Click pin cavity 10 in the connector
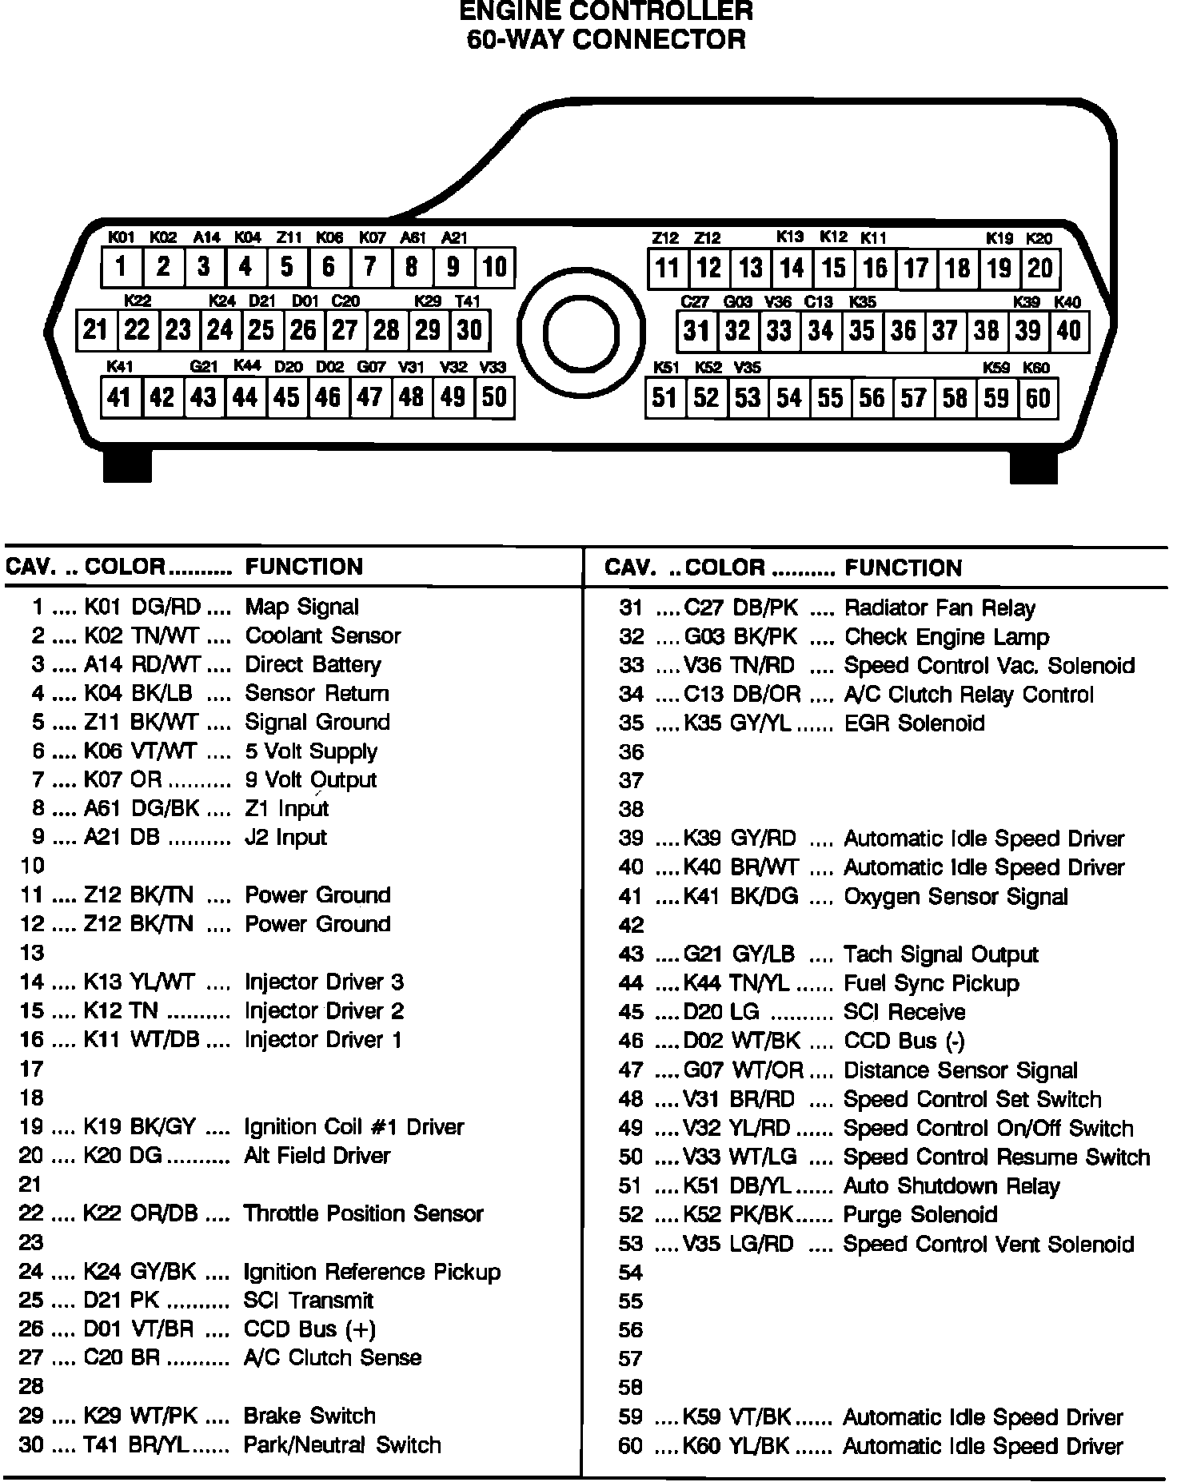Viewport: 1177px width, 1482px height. (495, 267)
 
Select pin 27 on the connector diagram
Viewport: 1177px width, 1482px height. (345, 330)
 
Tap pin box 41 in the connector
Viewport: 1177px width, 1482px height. (120, 397)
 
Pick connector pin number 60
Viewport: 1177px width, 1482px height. (1038, 398)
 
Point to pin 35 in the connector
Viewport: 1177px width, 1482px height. (862, 331)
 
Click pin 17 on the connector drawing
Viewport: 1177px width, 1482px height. (916, 268)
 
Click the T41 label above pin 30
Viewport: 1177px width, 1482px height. (468, 301)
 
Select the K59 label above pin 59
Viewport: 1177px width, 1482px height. (996, 368)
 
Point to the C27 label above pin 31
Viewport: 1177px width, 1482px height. (695, 302)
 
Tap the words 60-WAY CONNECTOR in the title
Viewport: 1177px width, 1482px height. (606, 39)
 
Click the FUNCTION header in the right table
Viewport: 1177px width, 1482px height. (903, 568)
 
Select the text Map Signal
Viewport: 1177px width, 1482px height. (301, 607)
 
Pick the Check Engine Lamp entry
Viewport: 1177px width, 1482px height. (946, 637)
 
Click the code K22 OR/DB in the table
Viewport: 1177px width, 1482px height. (140, 1213)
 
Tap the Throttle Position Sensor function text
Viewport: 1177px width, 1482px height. (363, 1213)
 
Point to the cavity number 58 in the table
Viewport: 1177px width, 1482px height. (631, 1388)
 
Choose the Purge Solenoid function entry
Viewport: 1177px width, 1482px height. (920, 1215)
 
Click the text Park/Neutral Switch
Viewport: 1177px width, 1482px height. (341, 1445)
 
